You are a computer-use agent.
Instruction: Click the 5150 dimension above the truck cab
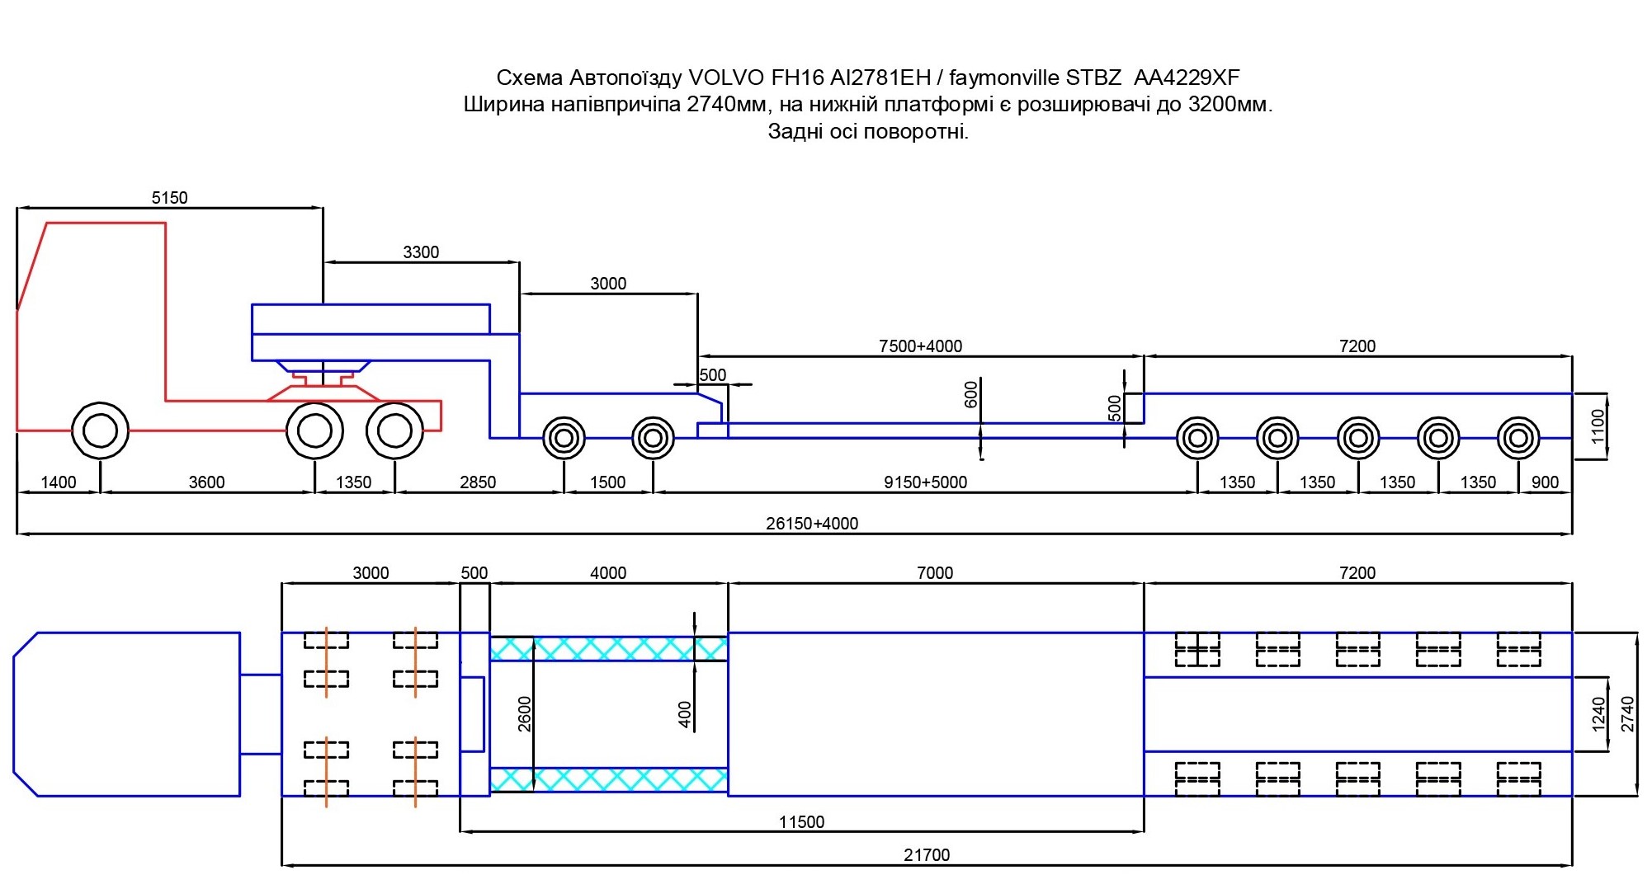(169, 198)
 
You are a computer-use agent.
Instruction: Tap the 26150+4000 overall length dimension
(812, 524)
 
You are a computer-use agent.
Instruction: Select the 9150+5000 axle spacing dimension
(925, 482)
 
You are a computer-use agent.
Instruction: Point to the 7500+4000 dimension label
(920, 346)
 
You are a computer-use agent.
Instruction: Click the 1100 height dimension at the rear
(1598, 426)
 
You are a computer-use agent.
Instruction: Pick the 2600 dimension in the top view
(525, 714)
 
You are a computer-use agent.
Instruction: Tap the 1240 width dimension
(1598, 714)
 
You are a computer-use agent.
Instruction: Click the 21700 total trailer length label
(927, 855)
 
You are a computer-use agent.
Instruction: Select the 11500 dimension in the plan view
(801, 822)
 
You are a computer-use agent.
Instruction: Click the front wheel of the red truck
(100, 430)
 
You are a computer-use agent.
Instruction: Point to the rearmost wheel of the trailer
(1517, 438)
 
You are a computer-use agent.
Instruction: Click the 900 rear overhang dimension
(1545, 482)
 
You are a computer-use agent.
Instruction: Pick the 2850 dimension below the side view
(478, 482)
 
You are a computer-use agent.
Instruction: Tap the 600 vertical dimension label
(971, 394)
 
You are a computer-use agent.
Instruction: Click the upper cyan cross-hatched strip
(609, 648)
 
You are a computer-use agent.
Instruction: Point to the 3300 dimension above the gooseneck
(421, 252)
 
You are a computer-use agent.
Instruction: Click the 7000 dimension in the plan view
(935, 573)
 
